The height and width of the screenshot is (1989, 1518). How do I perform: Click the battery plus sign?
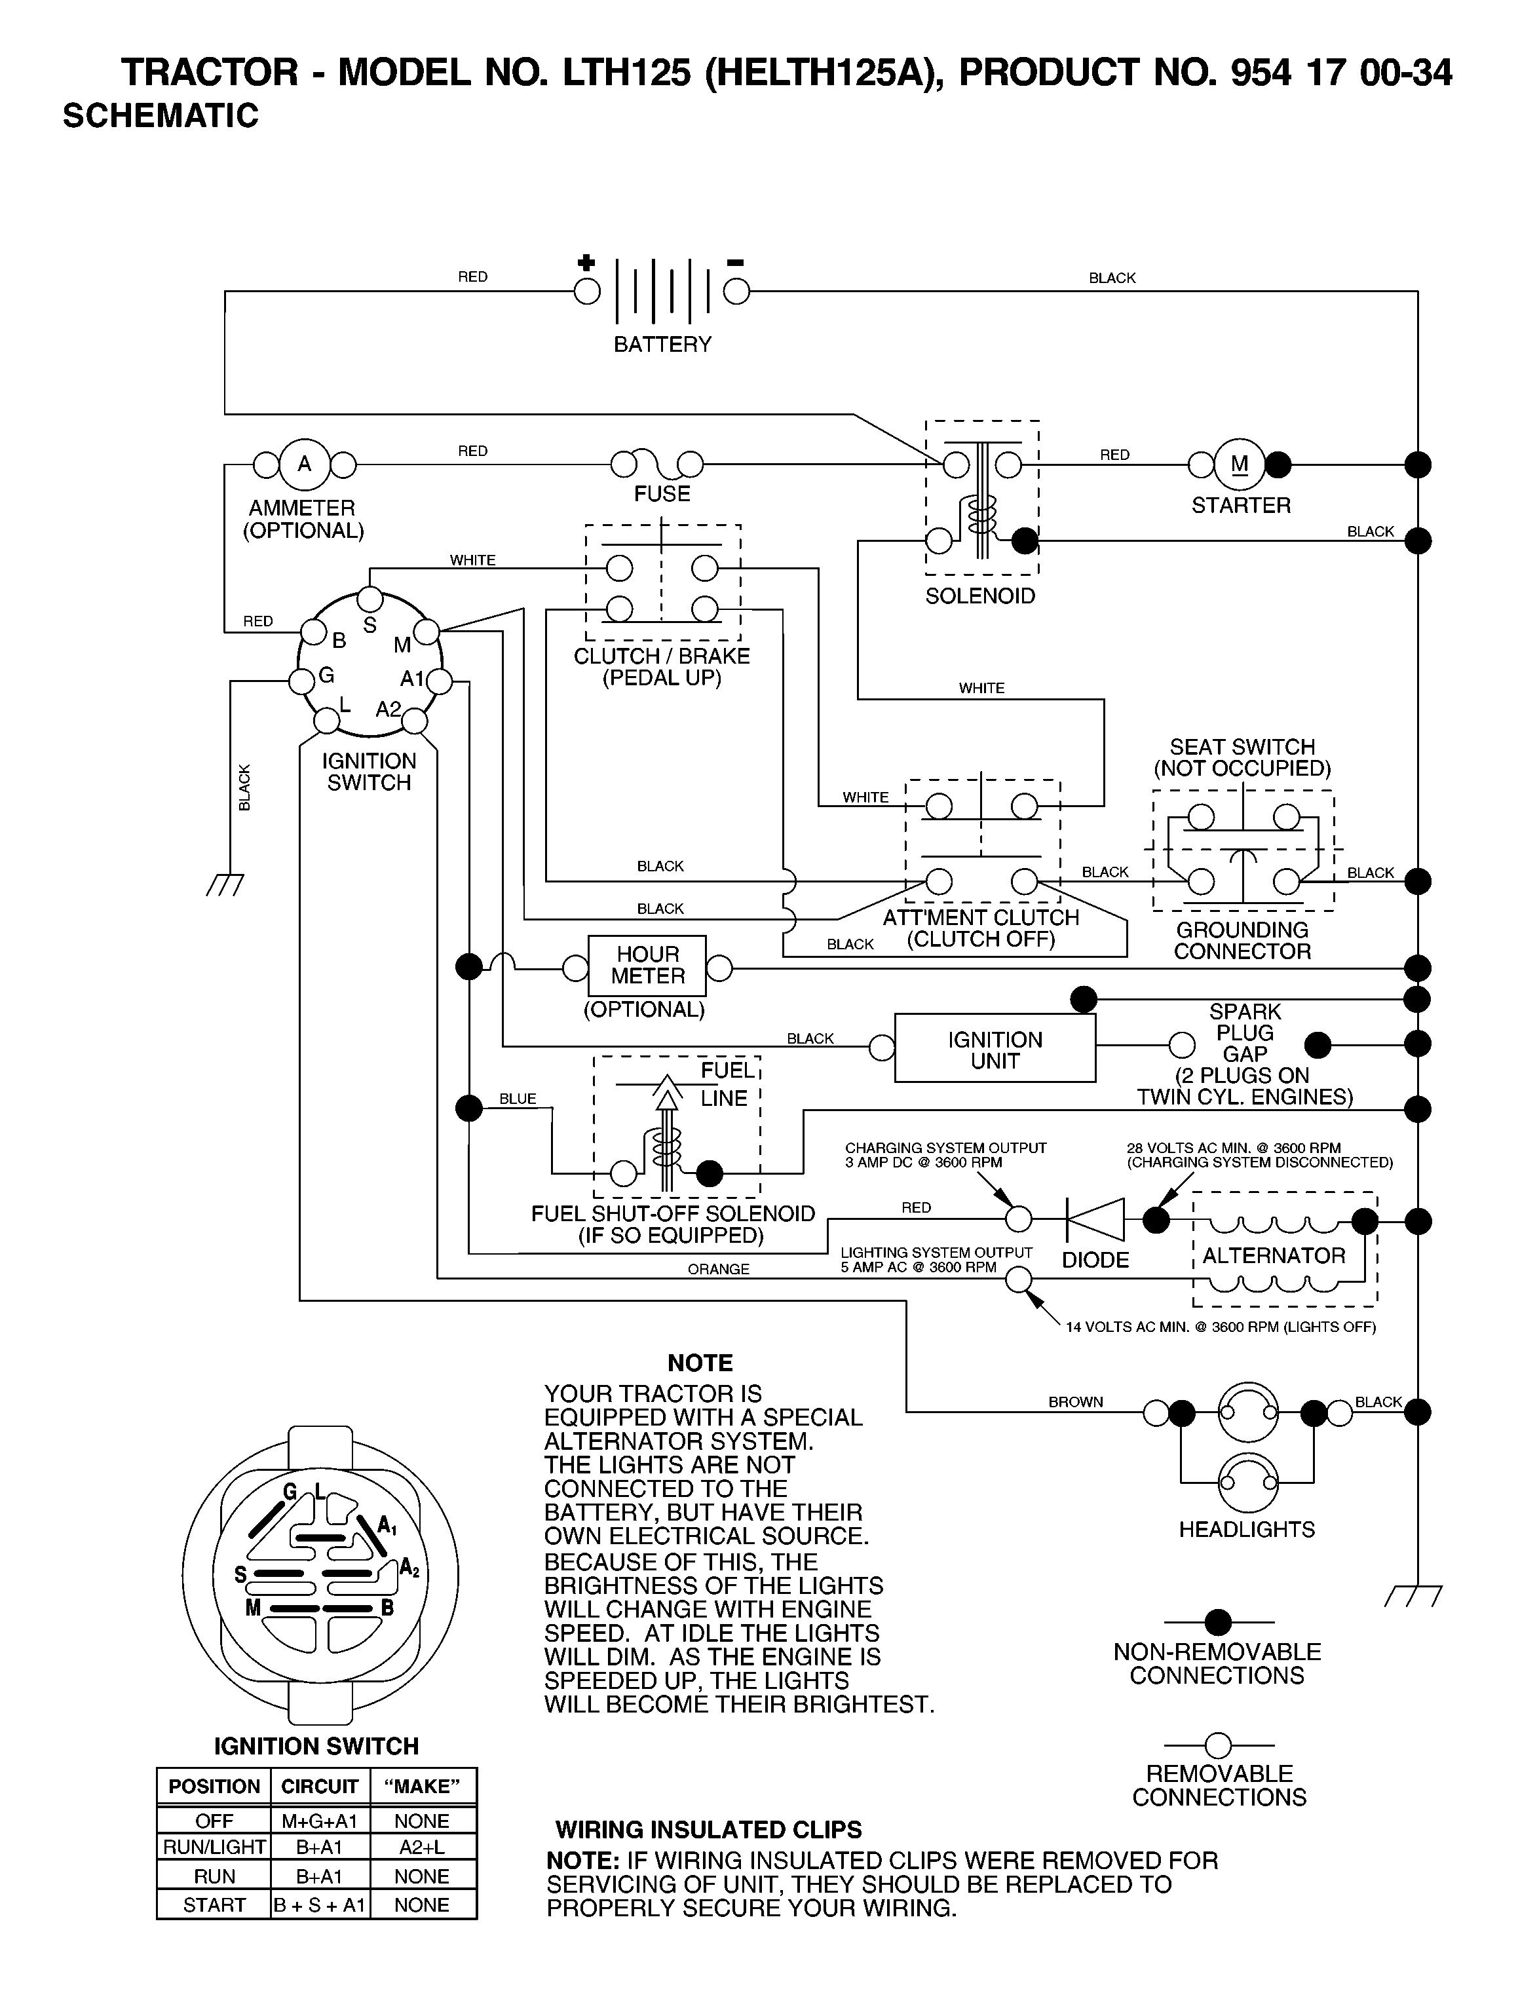[x=586, y=263]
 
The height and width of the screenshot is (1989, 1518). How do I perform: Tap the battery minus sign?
[x=736, y=263]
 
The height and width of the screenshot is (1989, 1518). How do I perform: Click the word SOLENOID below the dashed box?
[x=980, y=596]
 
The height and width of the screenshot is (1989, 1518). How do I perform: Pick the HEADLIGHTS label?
[x=1247, y=1530]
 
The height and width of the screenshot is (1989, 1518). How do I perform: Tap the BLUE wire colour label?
[x=518, y=1099]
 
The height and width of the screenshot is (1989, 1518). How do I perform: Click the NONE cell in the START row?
[x=421, y=1904]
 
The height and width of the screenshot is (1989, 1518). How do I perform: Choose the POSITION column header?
[x=214, y=1787]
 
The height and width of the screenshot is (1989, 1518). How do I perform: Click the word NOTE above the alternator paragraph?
[x=700, y=1363]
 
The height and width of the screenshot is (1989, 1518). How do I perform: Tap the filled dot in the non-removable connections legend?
[x=1218, y=1622]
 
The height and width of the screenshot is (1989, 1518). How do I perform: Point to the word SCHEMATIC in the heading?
[x=161, y=116]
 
